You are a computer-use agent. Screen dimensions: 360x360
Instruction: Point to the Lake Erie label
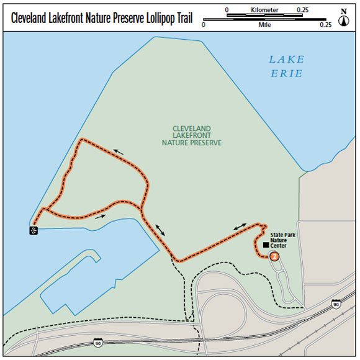click(x=286, y=66)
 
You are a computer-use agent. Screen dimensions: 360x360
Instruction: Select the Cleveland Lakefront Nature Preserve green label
click(x=192, y=135)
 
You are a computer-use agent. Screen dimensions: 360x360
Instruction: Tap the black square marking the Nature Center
click(x=266, y=246)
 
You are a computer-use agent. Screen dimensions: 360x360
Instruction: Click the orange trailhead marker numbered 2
click(x=274, y=254)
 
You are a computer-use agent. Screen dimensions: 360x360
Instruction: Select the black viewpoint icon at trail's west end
click(x=34, y=230)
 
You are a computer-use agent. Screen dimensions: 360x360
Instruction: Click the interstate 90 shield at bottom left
click(x=99, y=342)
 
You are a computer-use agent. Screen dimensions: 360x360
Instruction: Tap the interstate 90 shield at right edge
click(x=336, y=304)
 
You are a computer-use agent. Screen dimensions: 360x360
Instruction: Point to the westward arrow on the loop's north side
click(x=122, y=150)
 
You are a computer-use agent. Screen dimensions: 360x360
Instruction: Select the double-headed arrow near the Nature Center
click(x=241, y=228)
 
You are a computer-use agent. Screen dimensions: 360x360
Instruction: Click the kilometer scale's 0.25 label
click(x=304, y=10)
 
